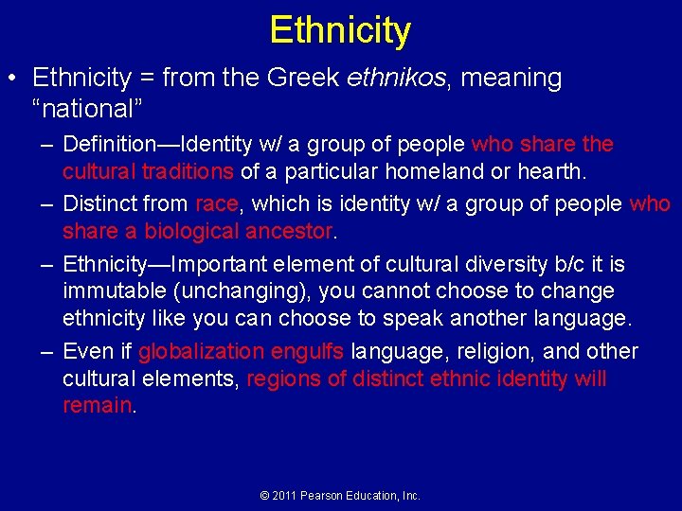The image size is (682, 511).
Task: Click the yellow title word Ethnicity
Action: (x=340, y=29)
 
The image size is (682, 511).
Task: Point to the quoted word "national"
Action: (x=81, y=109)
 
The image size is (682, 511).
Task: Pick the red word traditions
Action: (x=188, y=171)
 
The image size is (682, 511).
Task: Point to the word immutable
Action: (x=112, y=291)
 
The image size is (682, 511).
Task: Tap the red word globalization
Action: (x=201, y=352)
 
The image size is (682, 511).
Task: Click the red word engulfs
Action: (x=307, y=352)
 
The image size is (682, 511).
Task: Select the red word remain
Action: (x=98, y=405)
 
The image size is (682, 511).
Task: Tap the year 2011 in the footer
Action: (x=282, y=496)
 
